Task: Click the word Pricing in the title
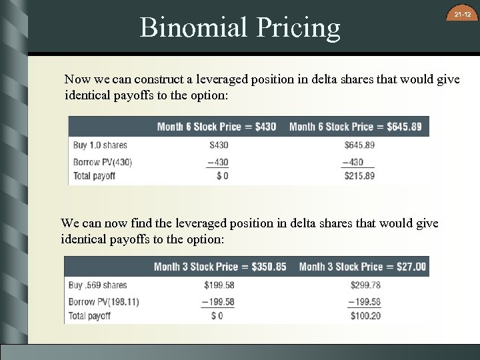click(x=299, y=27)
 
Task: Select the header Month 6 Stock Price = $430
click(x=217, y=127)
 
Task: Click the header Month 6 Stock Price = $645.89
click(x=355, y=127)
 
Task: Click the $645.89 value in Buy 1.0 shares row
click(x=359, y=145)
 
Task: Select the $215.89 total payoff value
click(x=359, y=176)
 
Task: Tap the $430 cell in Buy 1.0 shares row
click(x=219, y=145)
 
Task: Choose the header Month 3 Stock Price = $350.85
click(x=220, y=267)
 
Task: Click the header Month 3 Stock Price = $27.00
click(x=362, y=267)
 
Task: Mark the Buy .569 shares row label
click(x=98, y=285)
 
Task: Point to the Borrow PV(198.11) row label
click(x=104, y=301)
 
